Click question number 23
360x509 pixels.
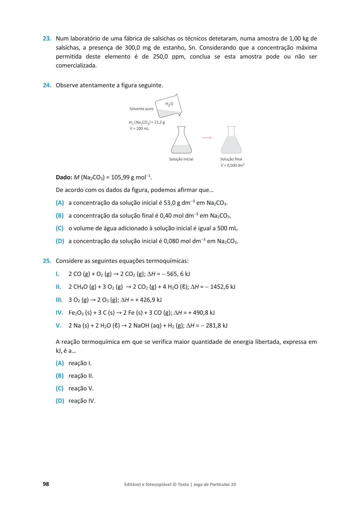click(x=47, y=39)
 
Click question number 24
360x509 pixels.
click(x=47, y=85)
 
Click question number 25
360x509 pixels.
click(x=47, y=261)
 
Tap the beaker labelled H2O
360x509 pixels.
click(x=169, y=106)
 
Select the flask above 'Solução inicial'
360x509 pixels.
click(x=181, y=140)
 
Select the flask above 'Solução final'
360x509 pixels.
click(x=231, y=140)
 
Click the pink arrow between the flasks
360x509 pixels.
click(x=207, y=138)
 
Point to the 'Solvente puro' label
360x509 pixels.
click(x=141, y=109)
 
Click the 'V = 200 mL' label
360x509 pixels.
click(x=139, y=129)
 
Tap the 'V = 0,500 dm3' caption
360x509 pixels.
click(x=232, y=165)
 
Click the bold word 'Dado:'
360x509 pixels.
click(x=64, y=177)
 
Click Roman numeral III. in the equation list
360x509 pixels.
click(x=59, y=300)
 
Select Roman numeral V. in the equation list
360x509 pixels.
click(x=58, y=326)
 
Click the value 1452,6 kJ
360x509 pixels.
click(x=222, y=287)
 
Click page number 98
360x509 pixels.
click(x=46, y=484)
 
